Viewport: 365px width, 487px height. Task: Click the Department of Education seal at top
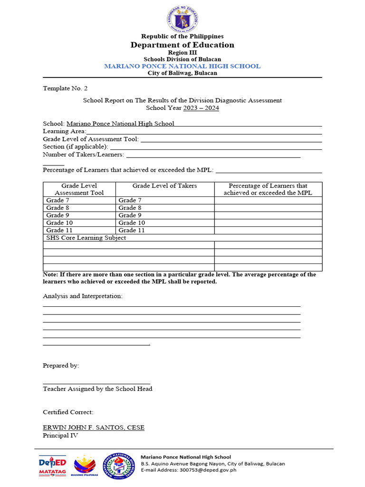(182, 19)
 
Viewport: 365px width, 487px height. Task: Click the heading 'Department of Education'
(182, 45)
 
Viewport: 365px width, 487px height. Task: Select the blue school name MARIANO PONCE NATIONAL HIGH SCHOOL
(182, 66)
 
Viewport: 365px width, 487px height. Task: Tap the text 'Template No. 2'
(65, 88)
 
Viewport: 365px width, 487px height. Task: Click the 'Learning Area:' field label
(65, 131)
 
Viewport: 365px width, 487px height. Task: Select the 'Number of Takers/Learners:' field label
(84, 154)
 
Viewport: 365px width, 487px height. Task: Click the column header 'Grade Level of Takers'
(164, 185)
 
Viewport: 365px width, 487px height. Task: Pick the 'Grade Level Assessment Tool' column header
(79, 189)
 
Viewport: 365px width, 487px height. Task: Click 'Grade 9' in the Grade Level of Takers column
(130, 215)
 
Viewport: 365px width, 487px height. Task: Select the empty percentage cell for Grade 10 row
(268, 223)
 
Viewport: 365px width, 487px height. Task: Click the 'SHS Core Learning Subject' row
(86, 238)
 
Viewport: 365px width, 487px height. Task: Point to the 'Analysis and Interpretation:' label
(83, 296)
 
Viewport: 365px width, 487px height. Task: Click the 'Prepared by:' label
(61, 365)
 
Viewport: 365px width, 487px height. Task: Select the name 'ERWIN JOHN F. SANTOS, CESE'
(94, 428)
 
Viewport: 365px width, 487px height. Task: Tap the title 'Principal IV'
(60, 435)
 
